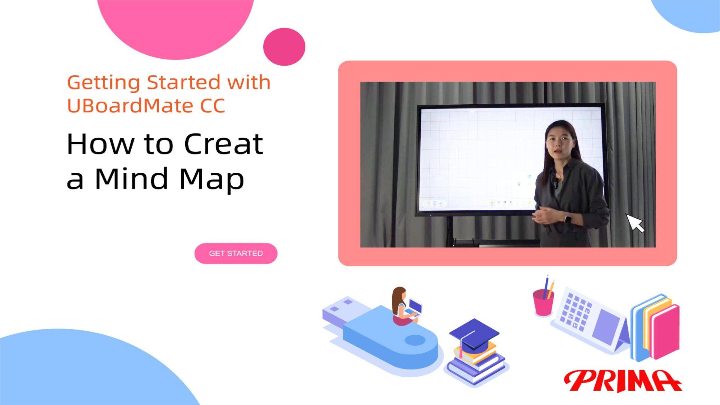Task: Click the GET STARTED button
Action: [x=236, y=253]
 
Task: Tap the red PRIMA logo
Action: [x=622, y=381]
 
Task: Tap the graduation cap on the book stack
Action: [x=474, y=335]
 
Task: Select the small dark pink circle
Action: [x=284, y=47]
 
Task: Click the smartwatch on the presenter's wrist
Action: [x=568, y=218]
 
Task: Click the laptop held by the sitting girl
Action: [x=414, y=308]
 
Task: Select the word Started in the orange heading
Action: [x=184, y=82]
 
